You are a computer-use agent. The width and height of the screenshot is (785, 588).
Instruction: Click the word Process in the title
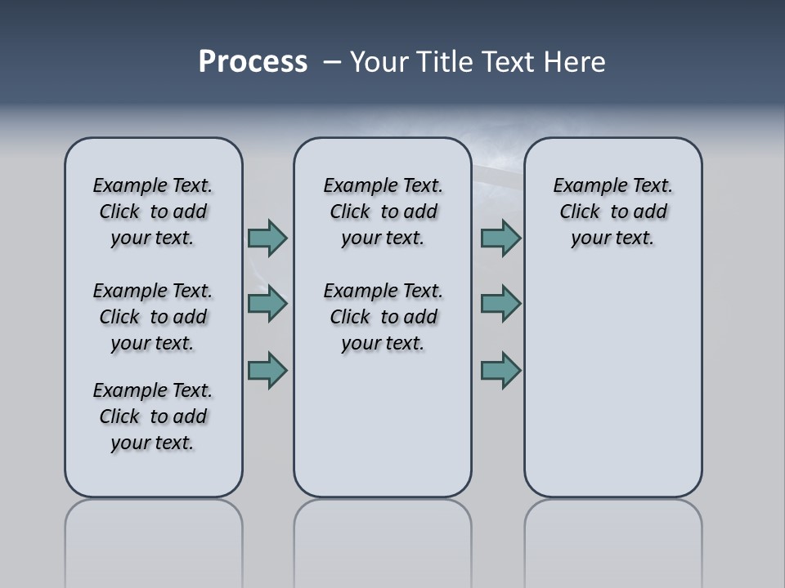tap(253, 62)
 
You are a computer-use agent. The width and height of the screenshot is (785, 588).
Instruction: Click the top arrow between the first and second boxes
tap(267, 238)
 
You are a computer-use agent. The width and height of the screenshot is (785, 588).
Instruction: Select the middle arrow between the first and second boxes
tap(267, 304)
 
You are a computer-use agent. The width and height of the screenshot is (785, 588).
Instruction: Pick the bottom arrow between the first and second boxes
tap(267, 371)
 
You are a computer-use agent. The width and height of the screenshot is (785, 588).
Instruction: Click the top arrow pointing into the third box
tap(500, 238)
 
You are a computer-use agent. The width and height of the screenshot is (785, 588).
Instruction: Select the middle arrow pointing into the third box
tap(500, 304)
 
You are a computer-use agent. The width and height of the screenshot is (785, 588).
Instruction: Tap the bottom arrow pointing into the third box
tap(500, 371)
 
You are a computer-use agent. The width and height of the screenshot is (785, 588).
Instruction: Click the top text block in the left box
tap(153, 212)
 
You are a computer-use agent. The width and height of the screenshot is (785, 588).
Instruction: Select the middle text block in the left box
tap(153, 317)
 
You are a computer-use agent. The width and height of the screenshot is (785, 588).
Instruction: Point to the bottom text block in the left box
tap(153, 416)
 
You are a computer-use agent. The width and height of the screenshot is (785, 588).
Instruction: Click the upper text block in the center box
tap(383, 212)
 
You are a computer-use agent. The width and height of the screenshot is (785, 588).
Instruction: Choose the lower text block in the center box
tap(383, 317)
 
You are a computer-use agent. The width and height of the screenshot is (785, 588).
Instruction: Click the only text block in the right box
tap(612, 212)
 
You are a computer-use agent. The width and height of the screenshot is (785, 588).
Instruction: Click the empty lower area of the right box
tap(612, 384)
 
